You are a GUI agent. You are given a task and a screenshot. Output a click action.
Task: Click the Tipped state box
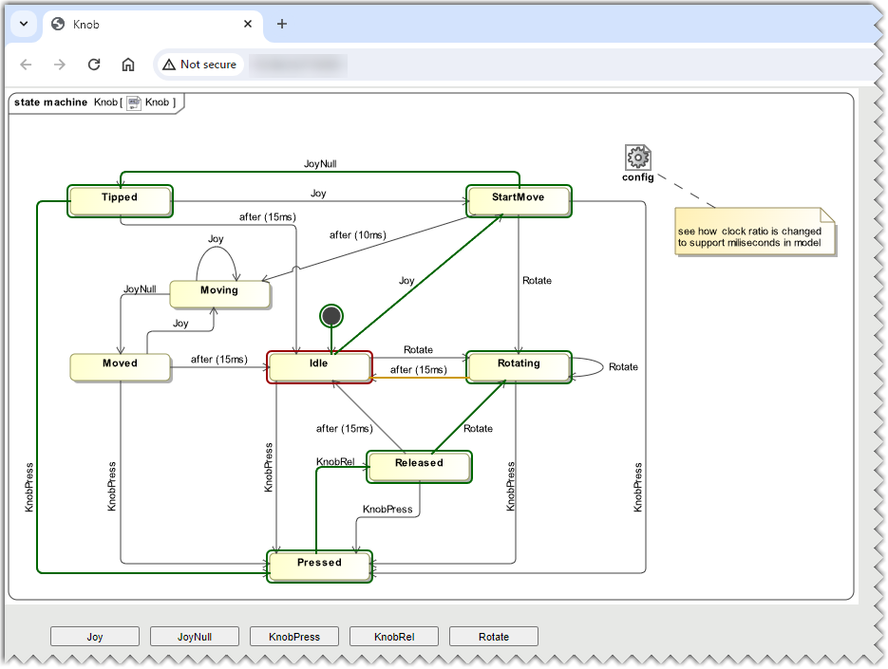pos(120,199)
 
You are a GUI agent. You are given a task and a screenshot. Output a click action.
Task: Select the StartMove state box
pos(519,199)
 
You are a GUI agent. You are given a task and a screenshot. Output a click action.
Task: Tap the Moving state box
pos(219,292)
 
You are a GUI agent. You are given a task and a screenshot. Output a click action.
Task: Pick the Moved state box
pos(121,365)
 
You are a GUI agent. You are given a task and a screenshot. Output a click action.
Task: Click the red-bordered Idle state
pos(319,365)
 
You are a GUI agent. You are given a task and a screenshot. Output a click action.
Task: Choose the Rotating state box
pos(519,365)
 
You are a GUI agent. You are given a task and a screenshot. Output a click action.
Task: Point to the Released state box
pos(419,464)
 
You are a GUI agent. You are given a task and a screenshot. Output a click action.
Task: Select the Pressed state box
pos(319,564)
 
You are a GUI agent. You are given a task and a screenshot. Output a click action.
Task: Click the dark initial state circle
pos(331,316)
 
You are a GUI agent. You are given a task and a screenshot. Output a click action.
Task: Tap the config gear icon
pos(638,158)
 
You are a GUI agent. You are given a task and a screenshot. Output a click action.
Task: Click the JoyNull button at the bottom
pos(195,637)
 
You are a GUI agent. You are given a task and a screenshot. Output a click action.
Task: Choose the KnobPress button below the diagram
pos(294,637)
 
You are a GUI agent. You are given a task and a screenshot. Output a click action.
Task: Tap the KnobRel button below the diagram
pos(394,637)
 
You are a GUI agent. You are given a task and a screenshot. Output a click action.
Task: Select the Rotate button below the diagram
pos(494,637)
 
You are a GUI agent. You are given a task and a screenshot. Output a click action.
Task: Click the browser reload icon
pos(94,65)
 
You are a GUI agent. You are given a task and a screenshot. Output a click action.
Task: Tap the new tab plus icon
pos(282,24)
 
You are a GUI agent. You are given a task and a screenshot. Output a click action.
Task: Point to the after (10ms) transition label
pos(358,235)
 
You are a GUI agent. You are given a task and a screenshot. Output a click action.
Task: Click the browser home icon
pos(128,65)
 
